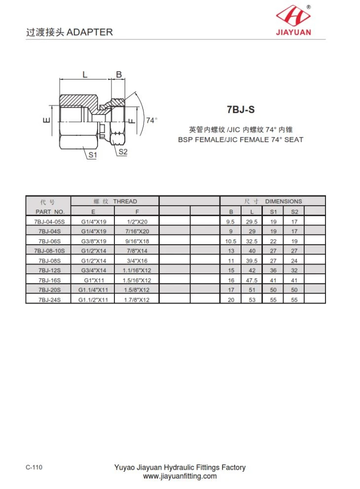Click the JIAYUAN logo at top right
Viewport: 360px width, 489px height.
293,20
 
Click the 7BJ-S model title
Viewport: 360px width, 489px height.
241,110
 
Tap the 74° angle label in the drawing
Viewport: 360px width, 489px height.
151,120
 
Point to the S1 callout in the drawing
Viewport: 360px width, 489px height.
93,155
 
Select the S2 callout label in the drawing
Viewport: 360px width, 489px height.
123,152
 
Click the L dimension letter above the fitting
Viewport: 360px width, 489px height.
85,75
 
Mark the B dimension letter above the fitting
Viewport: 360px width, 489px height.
119,75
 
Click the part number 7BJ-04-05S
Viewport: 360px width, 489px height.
49,222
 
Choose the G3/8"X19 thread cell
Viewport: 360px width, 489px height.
94,241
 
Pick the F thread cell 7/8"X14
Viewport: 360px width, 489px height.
137,251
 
